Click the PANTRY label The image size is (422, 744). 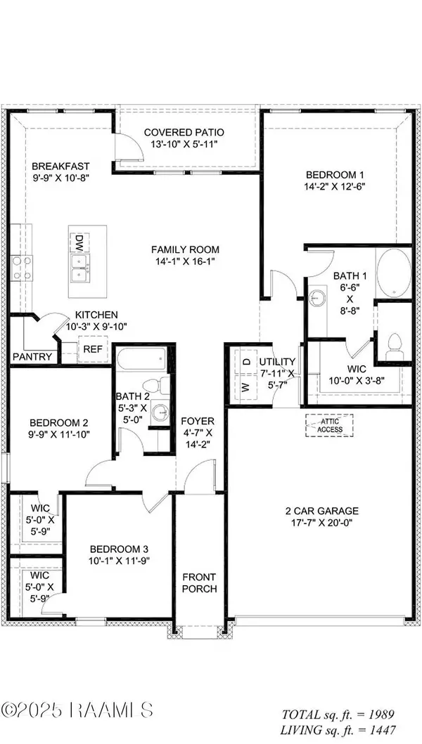(x=32, y=357)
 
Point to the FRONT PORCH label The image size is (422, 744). (x=199, y=582)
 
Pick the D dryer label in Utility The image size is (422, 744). (x=247, y=361)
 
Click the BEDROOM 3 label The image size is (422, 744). (x=119, y=549)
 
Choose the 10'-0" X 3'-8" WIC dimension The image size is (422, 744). (x=341, y=380)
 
